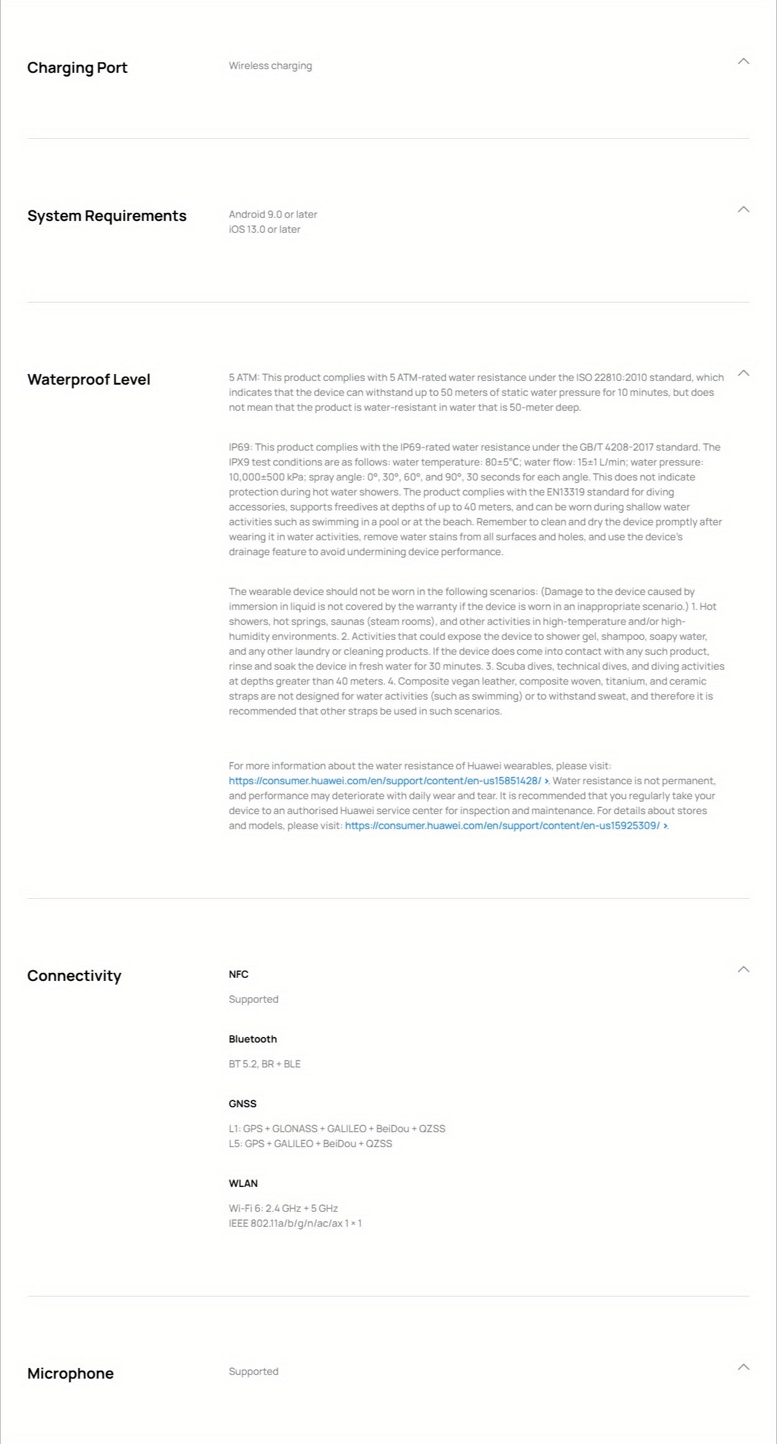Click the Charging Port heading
77,68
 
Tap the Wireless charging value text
270,66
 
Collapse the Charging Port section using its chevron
743,62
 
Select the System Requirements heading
106,216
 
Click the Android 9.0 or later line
272,215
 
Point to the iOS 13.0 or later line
264,230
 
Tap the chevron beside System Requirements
743,210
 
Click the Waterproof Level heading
88,380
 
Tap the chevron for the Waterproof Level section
743,373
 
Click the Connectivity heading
74,976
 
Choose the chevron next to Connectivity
743,970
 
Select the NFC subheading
238,975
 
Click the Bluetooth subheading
253,1039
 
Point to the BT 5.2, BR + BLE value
264,1064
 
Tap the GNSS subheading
243,1104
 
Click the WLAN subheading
243,1184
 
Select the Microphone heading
70,1374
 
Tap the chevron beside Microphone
743,1367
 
